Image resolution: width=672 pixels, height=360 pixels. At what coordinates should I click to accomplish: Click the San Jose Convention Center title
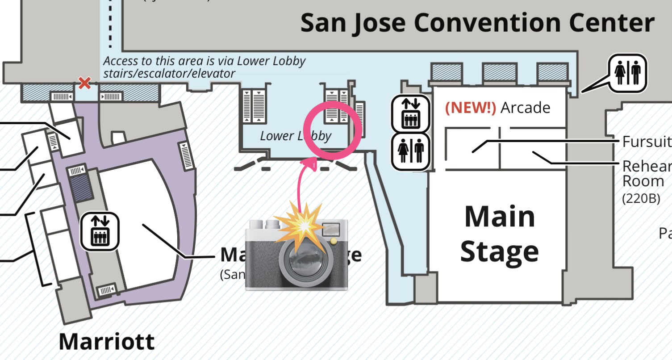pyautogui.click(x=477, y=22)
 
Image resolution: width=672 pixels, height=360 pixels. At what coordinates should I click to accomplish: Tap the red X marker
pyautogui.click(x=84, y=83)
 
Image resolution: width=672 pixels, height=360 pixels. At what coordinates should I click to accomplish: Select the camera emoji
pyautogui.click(x=296, y=252)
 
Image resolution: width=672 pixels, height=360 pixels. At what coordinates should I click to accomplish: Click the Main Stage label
pyautogui.click(x=499, y=234)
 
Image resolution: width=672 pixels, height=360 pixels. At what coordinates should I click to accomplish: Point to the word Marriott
pyautogui.click(x=107, y=342)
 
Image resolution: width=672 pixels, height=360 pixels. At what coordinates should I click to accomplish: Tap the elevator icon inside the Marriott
pyautogui.click(x=100, y=231)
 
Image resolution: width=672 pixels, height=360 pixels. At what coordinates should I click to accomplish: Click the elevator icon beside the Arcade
pyautogui.click(x=410, y=114)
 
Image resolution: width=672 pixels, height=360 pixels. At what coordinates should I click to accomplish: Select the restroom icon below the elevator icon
pyautogui.click(x=410, y=151)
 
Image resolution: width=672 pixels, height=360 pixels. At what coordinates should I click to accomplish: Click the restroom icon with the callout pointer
pyautogui.click(x=628, y=73)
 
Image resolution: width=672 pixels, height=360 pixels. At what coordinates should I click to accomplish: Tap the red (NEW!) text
pyautogui.click(x=471, y=108)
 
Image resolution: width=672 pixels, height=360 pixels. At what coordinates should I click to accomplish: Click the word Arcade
pyautogui.click(x=526, y=108)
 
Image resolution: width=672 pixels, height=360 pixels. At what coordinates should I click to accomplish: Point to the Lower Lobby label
pyautogui.click(x=295, y=136)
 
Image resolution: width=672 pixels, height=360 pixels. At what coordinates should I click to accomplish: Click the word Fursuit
pyautogui.click(x=647, y=142)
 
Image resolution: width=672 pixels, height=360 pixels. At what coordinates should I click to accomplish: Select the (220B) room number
pyautogui.click(x=640, y=199)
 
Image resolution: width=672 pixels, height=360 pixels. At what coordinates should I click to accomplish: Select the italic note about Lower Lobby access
pyautogui.click(x=204, y=67)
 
